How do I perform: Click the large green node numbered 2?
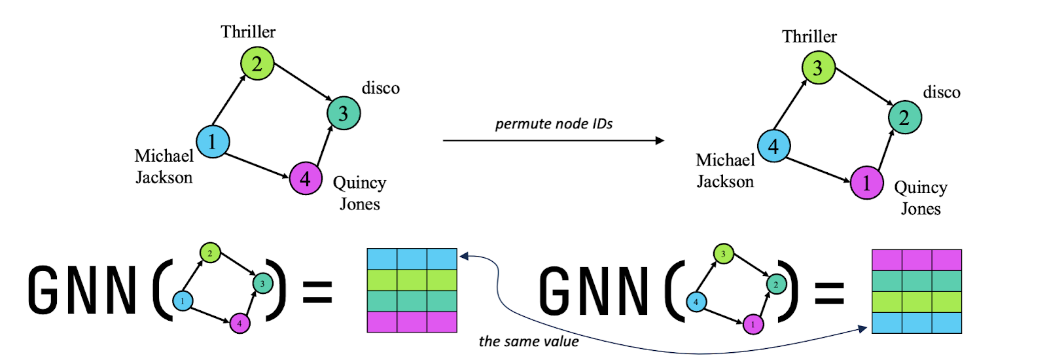click(257, 63)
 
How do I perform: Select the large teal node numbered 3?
click(344, 113)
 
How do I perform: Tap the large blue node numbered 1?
click(213, 142)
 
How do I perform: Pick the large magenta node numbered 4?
click(306, 178)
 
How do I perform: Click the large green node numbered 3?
click(818, 68)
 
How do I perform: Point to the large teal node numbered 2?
click(904, 118)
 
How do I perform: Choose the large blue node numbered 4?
click(774, 146)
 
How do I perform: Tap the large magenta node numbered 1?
click(866, 183)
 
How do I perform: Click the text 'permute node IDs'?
click(554, 124)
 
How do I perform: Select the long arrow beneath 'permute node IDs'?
click(553, 140)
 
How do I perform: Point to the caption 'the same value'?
click(529, 341)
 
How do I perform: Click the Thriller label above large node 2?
click(248, 31)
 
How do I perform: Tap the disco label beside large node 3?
click(380, 88)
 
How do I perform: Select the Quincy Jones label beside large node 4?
click(359, 193)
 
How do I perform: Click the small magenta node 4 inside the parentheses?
click(240, 323)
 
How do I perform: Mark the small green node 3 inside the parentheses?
click(723, 254)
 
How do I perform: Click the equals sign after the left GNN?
click(317, 291)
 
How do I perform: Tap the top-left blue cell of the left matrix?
click(382, 259)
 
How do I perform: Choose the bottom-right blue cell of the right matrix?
click(946, 323)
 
